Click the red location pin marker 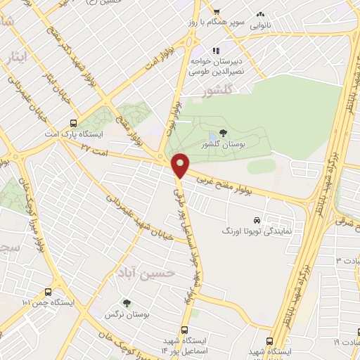pyautogui.click(x=181, y=165)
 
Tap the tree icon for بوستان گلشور pyautogui.click(x=223, y=132)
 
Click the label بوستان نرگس pyautogui.click(x=127, y=315)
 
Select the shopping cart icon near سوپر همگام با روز pyautogui.click(x=217, y=11)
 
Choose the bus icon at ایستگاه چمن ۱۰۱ pyautogui.click(x=47, y=291)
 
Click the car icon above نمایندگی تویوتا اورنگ pyautogui.click(x=257, y=219)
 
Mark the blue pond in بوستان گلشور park pyautogui.click(x=212, y=136)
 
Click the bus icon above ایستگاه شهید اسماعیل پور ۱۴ pyautogui.click(x=185, y=329)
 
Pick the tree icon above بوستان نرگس pyautogui.click(x=127, y=303)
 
